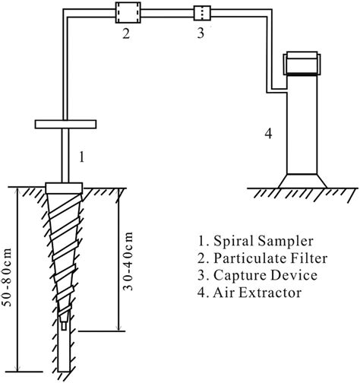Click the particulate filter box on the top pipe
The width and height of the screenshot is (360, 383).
(127, 13)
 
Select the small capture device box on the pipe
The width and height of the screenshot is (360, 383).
(202, 13)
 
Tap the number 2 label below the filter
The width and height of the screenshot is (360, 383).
(127, 34)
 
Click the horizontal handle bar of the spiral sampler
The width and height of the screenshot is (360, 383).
(65, 124)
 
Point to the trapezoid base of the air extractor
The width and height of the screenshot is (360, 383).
(304, 182)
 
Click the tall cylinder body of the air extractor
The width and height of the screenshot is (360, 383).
(304, 125)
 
